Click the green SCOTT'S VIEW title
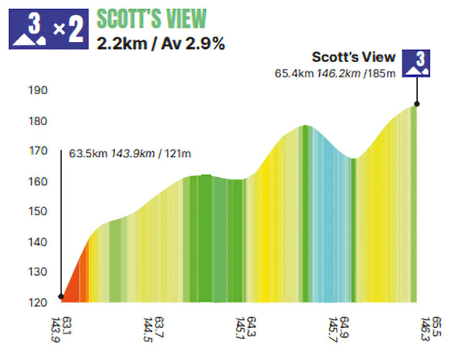(151, 19)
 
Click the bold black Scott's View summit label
(353, 58)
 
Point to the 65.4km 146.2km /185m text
(334, 73)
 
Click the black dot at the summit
(417, 105)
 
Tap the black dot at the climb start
(61, 298)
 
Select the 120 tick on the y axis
(38, 302)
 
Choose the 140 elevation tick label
(38, 242)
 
